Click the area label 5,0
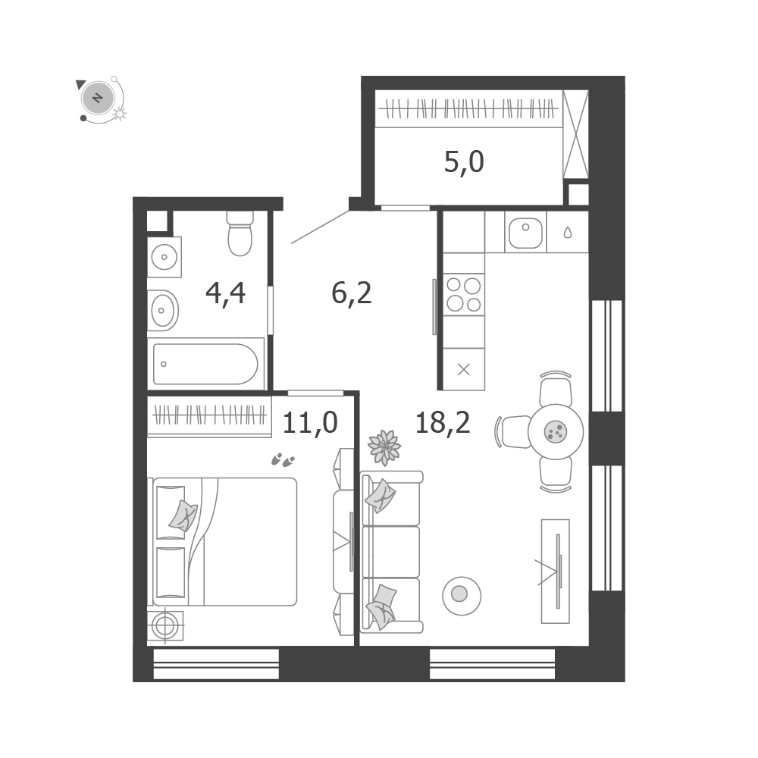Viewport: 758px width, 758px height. pos(464,162)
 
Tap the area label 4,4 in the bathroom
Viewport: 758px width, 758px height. pos(225,293)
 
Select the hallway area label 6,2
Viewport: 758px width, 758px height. pos(352,293)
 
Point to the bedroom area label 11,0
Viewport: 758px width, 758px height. pos(310,422)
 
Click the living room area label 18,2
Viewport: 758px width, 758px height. pos(443,422)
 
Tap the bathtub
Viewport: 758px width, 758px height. pos(205,364)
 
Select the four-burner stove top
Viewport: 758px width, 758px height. pos(464,294)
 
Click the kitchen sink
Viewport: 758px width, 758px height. pos(525,232)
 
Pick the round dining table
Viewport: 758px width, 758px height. pos(556,432)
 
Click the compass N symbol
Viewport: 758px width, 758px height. pos(98,98)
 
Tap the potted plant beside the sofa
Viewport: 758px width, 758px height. pos(384,448)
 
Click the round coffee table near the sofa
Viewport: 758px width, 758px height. pos(461,596)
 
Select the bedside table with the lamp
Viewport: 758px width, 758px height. pos(165,626)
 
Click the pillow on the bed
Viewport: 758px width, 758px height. pos(183,515)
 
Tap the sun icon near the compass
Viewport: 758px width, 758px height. pos(120,114)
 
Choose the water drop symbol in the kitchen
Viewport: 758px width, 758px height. pos(568,233)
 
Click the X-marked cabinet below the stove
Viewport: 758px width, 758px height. pos(464,369)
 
